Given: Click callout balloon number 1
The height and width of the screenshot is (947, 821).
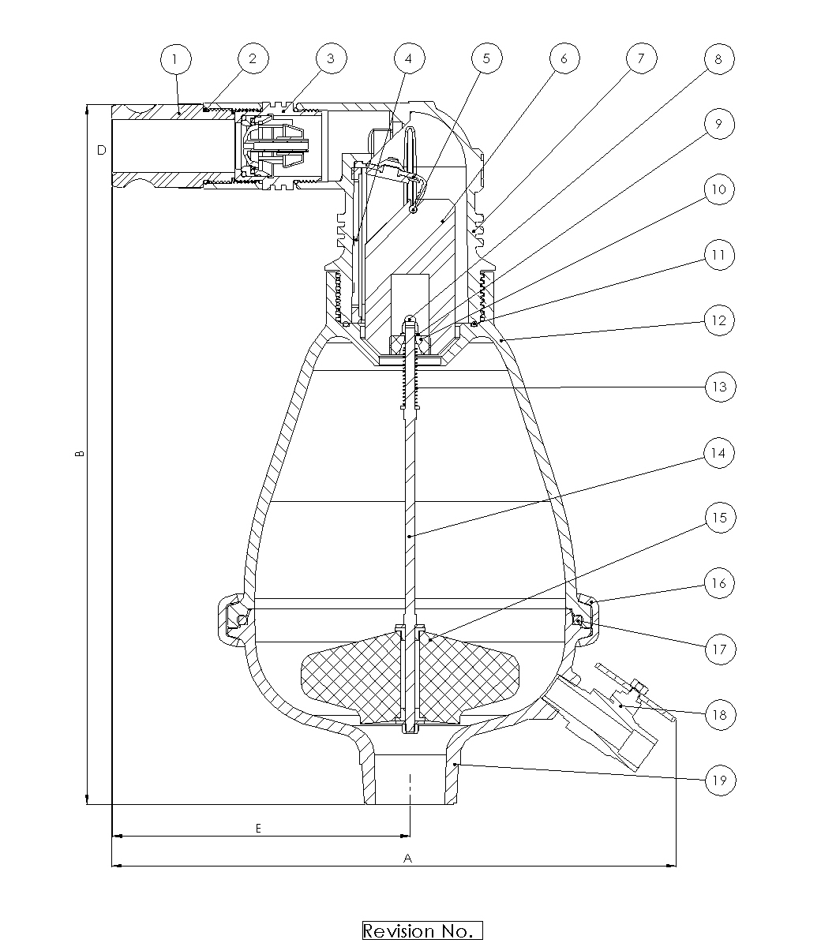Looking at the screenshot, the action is pyautogui.click(x=175, y=59).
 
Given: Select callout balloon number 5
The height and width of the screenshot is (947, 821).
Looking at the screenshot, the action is pyautogui.click(x=487, y=58).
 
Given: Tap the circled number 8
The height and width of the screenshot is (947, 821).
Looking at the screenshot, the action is pyautogui.click(x=719, y=58).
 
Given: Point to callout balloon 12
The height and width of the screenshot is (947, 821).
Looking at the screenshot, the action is pyautogui.click(x=719, y=320).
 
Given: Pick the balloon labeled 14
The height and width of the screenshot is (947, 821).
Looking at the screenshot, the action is pyautogui.click(x=719, y=453).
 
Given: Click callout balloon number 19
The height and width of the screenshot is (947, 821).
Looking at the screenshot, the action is pyautogui.click(x=720, y=780).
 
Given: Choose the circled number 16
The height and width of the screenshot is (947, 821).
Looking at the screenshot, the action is pyautogui.click(x=719, y=583).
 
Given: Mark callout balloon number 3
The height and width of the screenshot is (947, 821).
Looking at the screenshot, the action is pyautogui.click(x=331, y=58).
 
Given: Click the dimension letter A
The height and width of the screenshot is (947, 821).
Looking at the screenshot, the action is pyautogui.click(x=407, y=859).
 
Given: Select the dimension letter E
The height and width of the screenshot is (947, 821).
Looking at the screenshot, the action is pyautogui.click(x=259, y=829).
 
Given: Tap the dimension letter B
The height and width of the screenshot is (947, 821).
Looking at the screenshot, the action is pyautogui.click(x=79, y=454).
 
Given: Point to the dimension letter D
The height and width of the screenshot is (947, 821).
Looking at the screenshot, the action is pyautogui.click(x=102, y=150).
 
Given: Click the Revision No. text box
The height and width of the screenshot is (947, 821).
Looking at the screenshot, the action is pyautogui.click(x=422, y=931).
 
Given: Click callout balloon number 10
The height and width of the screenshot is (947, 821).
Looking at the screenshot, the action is pyautogui.click(x=719, y=189).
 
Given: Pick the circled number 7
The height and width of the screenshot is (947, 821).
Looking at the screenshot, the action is pyautogui.click(x=641, y=58).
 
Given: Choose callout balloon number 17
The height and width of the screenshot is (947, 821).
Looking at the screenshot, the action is pyautogui.click(x=720, y=649).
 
